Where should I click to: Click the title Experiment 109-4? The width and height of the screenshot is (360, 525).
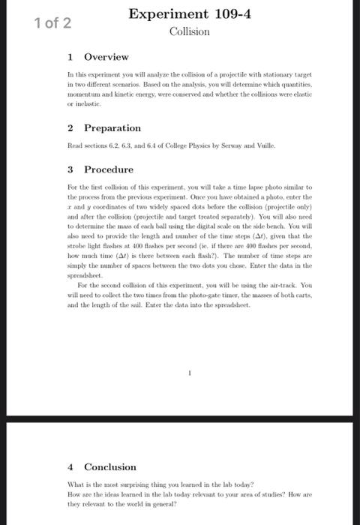click(x=189, y=13)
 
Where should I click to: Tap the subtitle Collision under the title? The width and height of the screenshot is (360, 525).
click(x=189, y=31)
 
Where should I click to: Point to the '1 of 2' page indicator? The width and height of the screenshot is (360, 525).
click(x=52, y=22)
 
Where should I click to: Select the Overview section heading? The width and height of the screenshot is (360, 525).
click(x=106, y=57)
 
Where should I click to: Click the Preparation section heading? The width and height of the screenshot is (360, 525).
click(x=112, y=128)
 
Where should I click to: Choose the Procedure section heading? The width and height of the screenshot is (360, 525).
click(x=108, y=169)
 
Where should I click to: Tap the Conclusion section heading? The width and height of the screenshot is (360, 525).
click(x=110, y=466)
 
